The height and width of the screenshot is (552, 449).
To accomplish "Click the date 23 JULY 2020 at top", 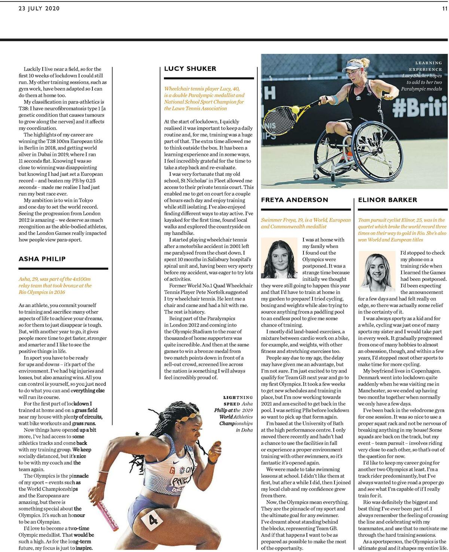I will (39, 9).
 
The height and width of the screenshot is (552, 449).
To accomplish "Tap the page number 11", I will (445, 9).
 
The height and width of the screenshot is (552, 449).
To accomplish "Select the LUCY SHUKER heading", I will (190, 68).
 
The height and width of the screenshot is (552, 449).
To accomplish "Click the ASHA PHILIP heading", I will (42, 259).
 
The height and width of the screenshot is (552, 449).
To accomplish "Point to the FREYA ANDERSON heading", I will (294, 200).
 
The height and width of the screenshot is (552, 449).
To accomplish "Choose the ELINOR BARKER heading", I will (387, 200).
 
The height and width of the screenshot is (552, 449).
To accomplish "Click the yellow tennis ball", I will (295, 109).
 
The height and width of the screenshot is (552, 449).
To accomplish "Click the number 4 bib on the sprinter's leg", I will (154, 519).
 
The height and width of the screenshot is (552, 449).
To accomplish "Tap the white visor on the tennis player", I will (353, 67).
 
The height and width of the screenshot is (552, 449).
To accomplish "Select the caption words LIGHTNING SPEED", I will (237, 401).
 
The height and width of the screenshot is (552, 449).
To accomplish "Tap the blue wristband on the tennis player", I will (335, 100).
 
